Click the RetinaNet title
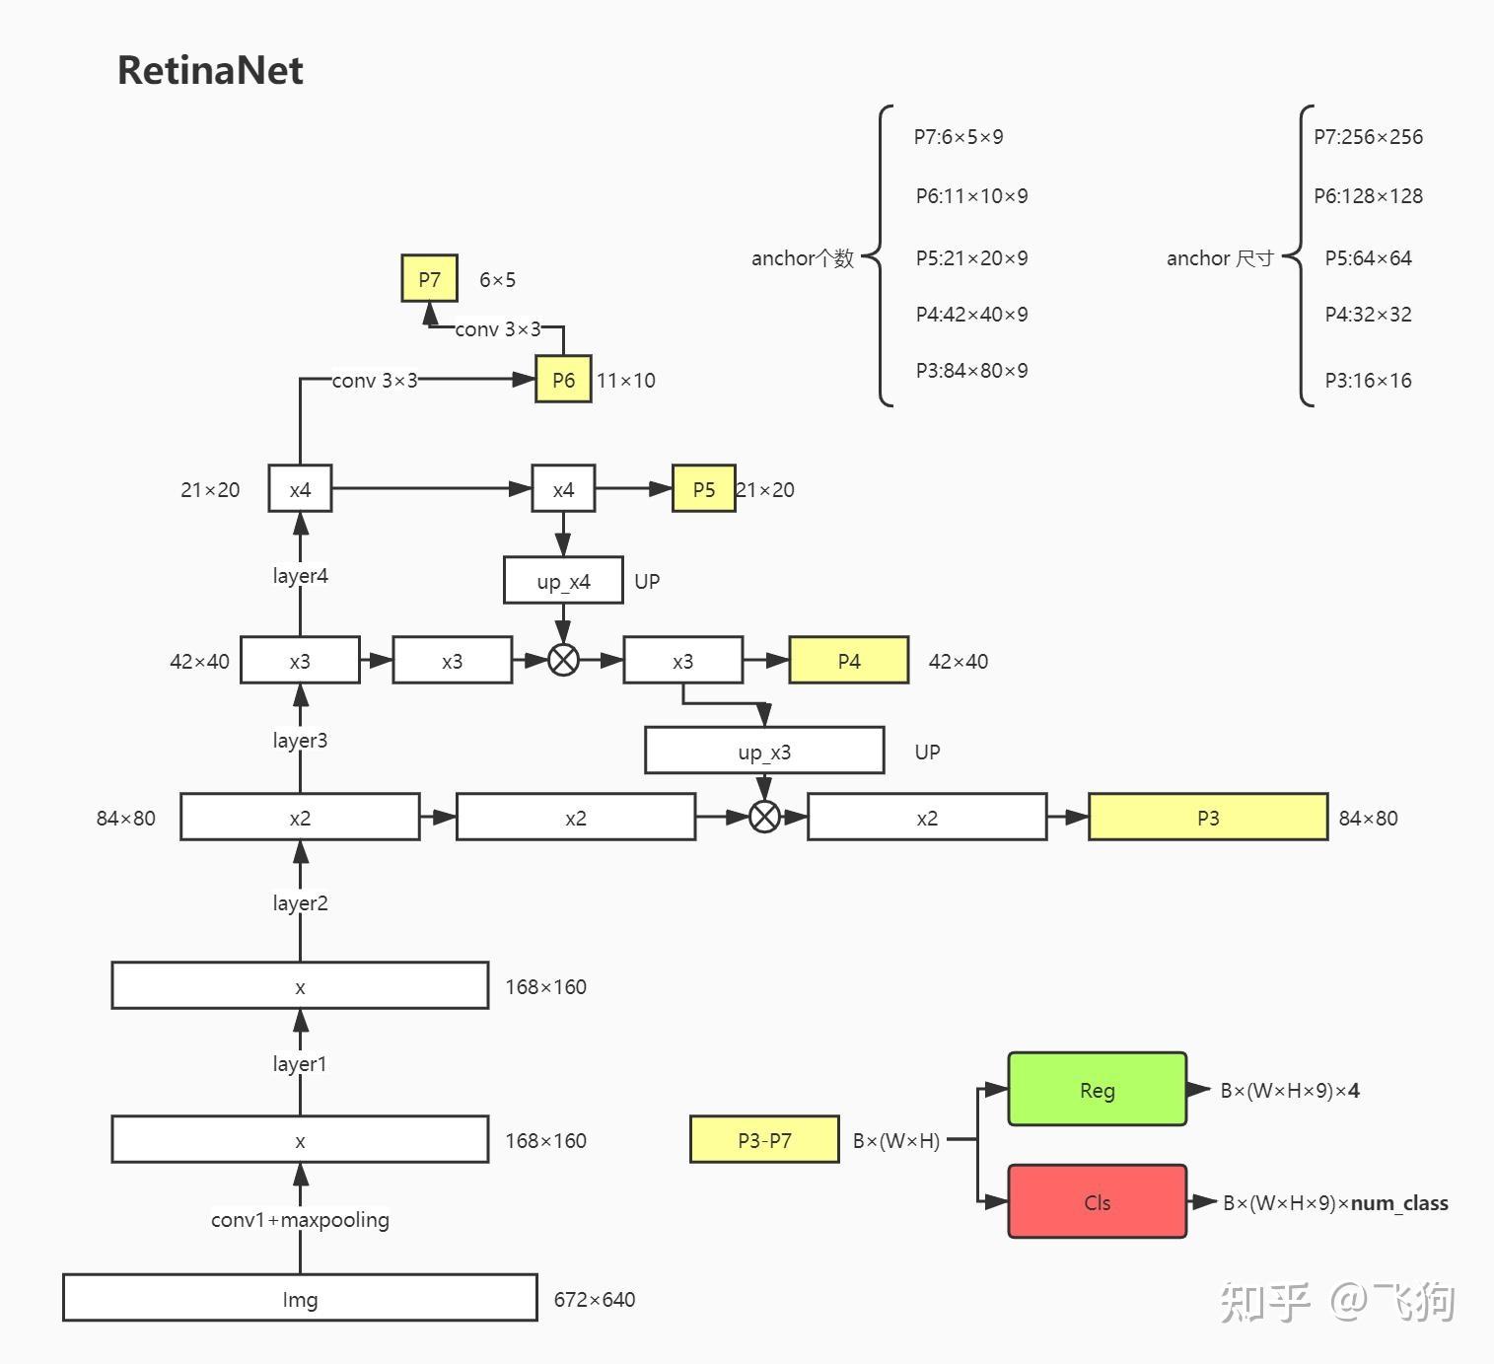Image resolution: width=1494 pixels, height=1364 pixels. coord(210,71)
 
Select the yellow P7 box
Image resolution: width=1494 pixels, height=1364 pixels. coord(430,279)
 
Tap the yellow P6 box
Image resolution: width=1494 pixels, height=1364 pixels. coord(563,380)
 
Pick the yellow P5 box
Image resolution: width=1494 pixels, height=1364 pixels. coord(703,489)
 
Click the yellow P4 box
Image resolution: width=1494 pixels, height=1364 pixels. coord(848,661)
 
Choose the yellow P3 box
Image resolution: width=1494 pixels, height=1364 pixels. coord(1207,818)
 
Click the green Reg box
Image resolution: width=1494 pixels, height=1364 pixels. coord(1097,1090)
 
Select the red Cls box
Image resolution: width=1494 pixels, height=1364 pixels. coord(1097,1202)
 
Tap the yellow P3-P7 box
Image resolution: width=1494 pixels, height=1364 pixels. coord(764,1140)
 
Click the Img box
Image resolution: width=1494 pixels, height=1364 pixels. coord(300,1299)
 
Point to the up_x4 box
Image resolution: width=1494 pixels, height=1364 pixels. coord(563,581)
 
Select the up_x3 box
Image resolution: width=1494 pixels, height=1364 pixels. coord(764,752)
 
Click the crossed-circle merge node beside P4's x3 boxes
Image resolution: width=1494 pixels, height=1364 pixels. coord(563,660)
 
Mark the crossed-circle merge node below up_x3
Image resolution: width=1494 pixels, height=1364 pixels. coord(764,817)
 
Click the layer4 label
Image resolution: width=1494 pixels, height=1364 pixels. coord(300,576)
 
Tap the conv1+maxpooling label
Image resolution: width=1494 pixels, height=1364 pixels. coord(300,1220)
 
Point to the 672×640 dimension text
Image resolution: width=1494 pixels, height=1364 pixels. coord(595,1300)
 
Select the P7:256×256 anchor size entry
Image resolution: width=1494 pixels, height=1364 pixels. coord(1368,137)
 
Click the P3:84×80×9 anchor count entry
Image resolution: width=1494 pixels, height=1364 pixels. coord(971,371)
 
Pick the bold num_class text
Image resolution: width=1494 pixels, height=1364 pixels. coord(1399,1203)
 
